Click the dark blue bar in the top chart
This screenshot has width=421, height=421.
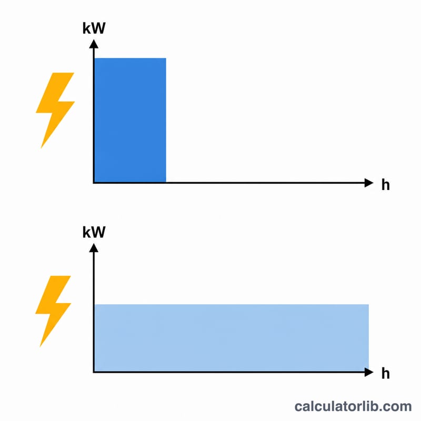(130, 120)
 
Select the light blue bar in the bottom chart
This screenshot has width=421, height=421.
(232, 338)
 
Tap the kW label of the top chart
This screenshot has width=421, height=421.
(94, 28)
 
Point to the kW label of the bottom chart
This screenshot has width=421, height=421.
(94, 232)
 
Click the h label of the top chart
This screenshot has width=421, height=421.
(386, 185)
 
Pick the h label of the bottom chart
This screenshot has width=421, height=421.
(386, 373)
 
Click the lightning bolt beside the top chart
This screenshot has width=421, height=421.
(55, 110)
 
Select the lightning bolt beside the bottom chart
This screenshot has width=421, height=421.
(53, 311)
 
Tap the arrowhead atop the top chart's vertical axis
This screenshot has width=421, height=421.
(94, 44)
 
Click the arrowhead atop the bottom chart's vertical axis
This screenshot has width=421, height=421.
(94, 247)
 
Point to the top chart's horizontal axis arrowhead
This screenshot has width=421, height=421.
(369, 183)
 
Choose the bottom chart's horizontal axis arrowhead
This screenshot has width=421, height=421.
(369, 372)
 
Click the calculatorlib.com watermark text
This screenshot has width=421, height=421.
(353, 406)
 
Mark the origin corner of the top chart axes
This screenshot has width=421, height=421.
(94, 183)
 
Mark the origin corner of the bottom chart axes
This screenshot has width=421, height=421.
(94, 372)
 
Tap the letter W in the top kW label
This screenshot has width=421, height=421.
(98, 28)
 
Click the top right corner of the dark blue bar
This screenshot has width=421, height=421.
(166, 58)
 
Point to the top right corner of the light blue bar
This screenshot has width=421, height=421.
(369, 305)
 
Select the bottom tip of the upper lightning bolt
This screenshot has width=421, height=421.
(41, 148)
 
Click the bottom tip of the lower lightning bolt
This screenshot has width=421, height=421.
(40, 347)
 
